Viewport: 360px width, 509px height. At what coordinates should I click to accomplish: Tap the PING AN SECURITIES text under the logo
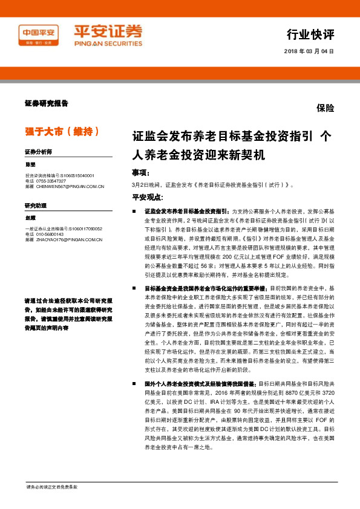[x=100, y=44]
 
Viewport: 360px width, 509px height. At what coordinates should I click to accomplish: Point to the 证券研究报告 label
[x=47, y=103]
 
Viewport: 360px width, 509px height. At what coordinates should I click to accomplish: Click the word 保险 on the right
[x=325, y=109]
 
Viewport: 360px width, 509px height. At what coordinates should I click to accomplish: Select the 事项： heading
[x=141, y=172]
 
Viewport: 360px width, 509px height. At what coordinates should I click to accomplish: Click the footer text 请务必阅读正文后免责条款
[x=51, y=487]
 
